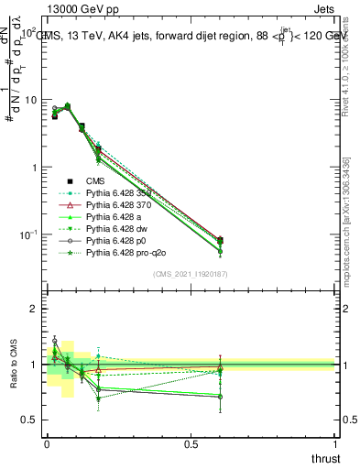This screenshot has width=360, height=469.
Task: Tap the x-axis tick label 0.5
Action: point(191,444)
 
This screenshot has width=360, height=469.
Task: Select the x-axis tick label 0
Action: point(47,444)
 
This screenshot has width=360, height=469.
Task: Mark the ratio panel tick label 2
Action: point(34,309)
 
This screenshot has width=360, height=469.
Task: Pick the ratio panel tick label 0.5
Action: point(29,420)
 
